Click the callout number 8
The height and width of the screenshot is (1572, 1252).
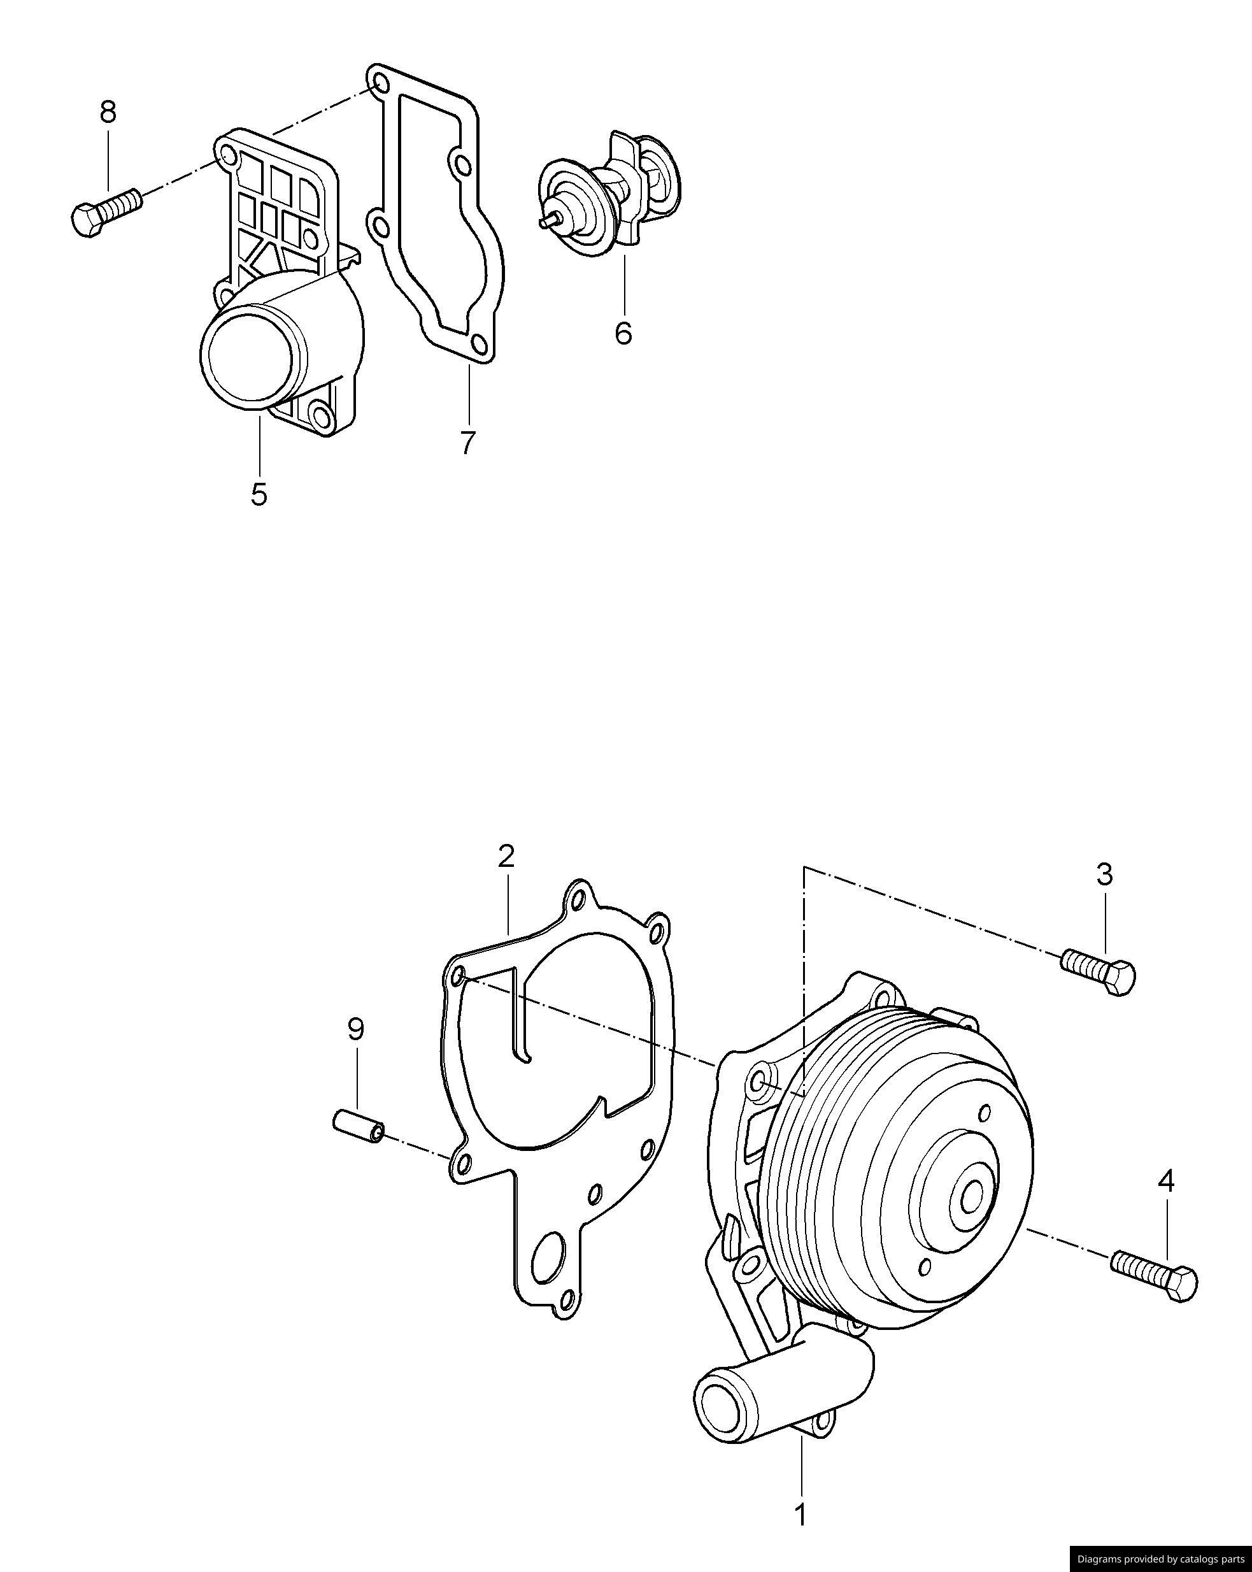point(108,112)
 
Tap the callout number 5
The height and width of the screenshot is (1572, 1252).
point(259,494)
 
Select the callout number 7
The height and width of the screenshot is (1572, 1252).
point(467,442)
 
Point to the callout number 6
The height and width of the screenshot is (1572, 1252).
point(623,332)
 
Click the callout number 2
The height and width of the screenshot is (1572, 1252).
point(507,855)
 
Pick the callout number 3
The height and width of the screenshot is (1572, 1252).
point(1105,873)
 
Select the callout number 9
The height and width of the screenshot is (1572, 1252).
point(356,1029)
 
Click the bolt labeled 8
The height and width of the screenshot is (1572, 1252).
point(106,211)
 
